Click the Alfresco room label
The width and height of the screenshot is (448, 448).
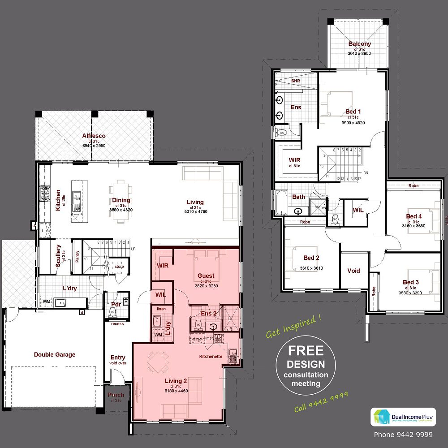94,136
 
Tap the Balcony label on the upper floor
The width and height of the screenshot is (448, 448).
360,44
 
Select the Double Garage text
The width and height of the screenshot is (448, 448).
55,355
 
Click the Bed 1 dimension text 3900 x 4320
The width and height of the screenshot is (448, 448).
353,123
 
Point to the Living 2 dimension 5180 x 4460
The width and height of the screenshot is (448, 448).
176,391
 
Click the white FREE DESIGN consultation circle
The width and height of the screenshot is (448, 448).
306,366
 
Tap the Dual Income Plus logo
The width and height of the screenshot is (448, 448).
401,417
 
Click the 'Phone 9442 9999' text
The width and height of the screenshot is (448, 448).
403,435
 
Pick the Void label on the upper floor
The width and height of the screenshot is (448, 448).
353,271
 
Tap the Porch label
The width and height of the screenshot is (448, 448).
116,395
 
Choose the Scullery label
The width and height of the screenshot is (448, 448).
58,256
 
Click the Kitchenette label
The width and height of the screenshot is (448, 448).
211,357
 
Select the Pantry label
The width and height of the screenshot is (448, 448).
77,258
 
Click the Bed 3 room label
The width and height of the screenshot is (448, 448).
411,282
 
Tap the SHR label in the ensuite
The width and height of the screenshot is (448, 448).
296,81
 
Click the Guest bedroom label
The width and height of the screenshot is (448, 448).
206,276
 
